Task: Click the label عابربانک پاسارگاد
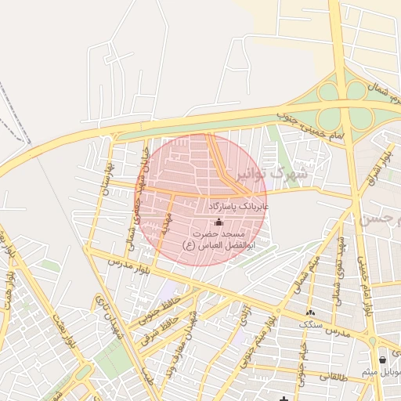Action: pyautogui.click(x=239, y=206)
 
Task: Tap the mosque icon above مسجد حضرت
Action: pyautogui.click(x=218, y=222)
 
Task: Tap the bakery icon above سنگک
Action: pyautogui.click(x=311, y=312)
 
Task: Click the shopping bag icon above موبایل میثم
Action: pyautogui.click(x=381, y=359)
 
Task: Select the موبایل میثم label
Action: pyautogui.click(x=381, y=370)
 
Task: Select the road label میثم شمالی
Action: pyautogui.click(x=305, y=275)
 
